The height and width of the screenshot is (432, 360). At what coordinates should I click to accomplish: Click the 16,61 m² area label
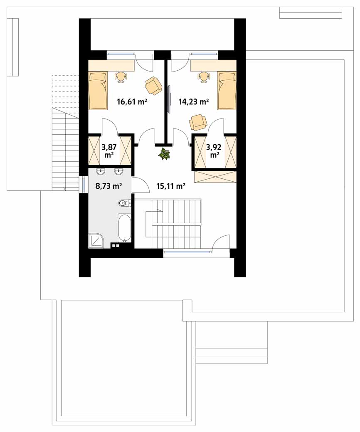tap(132, 102)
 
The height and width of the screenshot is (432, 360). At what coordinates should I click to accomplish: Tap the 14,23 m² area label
tap(193, 102)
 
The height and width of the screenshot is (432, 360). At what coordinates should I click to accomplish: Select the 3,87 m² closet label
tap(109, 151)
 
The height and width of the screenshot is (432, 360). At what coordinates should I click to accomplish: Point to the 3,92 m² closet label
tap(214, 151)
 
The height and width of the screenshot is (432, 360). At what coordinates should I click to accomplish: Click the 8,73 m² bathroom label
tap(109, 186)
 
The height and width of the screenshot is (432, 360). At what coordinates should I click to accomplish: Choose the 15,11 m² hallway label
tap(171, 186)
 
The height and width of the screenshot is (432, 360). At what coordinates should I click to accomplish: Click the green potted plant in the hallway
tap(164, 153)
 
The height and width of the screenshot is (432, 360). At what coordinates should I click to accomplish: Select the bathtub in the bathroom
tap(124, 228)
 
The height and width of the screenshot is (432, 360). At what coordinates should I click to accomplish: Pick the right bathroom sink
tap(119, 172)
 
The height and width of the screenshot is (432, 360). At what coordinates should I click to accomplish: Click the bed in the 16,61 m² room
tap(98, 90)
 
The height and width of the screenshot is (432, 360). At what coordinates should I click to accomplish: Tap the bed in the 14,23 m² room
tap(227, 90)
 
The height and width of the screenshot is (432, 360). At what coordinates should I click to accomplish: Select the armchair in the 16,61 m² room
tap(153, 85)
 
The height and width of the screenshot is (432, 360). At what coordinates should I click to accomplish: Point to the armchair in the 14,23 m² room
tap(198, 123)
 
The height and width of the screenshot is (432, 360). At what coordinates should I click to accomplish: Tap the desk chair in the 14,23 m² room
tap(203, 77)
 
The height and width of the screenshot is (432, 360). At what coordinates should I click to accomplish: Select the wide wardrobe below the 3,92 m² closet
tap(215, 177)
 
